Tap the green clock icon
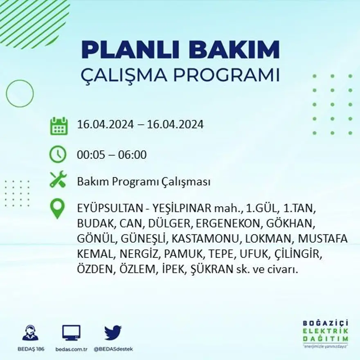point(58,154)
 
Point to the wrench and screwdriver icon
point(58,180)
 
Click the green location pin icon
point(57,208)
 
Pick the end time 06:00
point(133,155)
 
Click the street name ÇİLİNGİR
point(299,254)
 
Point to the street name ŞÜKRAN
point(221,270)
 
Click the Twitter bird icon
point(113,333)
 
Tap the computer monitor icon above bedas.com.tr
point(71,333)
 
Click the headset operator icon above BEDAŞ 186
point(30,333)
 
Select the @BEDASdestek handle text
point(113,349)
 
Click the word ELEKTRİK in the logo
point(326,331)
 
